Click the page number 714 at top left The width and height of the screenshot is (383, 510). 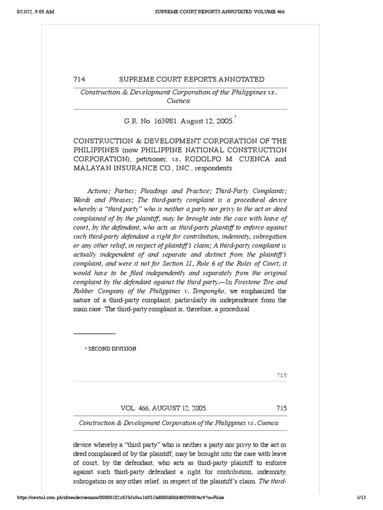79,79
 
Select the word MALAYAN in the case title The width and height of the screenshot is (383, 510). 93,168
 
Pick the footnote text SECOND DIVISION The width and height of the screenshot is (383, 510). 113,349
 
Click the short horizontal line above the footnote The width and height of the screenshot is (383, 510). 94,333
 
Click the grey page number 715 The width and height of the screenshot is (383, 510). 282,375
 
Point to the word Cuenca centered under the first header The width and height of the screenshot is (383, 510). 178,101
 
